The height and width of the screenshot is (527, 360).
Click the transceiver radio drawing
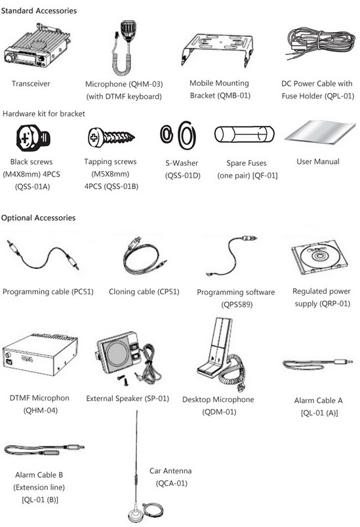[36, 47]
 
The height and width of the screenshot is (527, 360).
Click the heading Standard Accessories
[39, 10]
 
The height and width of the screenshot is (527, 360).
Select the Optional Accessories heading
[38, 218]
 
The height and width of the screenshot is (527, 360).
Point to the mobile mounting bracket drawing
[217, 49]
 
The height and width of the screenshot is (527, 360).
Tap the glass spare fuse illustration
[245, 134]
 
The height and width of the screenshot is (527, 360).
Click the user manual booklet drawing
[320, 133]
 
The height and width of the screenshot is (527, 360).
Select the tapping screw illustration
[111, 137]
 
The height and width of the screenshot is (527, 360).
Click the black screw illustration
[33, 138]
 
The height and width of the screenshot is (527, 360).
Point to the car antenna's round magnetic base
[137, 515]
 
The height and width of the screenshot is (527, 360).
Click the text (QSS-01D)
[182, 176]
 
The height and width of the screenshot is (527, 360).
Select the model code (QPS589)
[237, 305]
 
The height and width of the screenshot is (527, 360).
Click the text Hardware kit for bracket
[44, 113]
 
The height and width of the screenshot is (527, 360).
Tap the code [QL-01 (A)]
[319, 413]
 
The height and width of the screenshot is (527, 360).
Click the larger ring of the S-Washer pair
[187, 135]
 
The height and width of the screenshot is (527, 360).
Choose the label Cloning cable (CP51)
[144, 292]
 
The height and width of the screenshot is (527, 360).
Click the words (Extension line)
[39, 487]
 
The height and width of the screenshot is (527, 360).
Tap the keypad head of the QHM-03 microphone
[129, 30]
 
